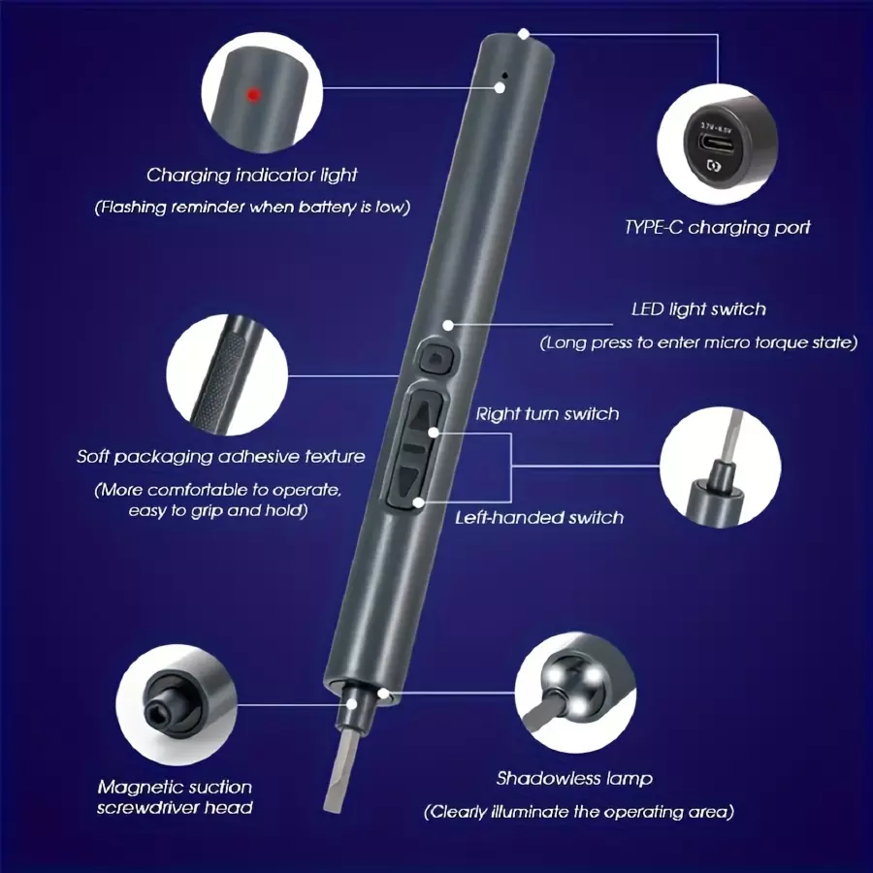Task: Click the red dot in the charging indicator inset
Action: click(x=254, y=95)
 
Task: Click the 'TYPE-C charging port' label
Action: click(x=717, y=227)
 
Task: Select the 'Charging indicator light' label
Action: click(x=251, y=176)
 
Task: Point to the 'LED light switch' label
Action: click(x=698, y=309)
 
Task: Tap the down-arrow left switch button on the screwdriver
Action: click(x=408, y=479)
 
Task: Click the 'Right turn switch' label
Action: click(x=547, y=413)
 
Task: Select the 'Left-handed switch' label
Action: click(x=539, y=518)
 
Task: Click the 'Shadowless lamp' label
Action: click(x=574, y=778)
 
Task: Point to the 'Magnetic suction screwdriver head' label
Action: click(x=175, y=797)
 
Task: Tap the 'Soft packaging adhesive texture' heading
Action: click(x=221, y=457)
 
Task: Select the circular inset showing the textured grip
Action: click(x=227, y=375)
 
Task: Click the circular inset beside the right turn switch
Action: click(x=721, y=467)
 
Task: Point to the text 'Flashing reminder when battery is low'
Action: click(x=252, y=208)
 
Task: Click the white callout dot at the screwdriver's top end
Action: click(x=524, y=35)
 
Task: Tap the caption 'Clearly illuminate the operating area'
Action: click(x=579, y=812)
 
